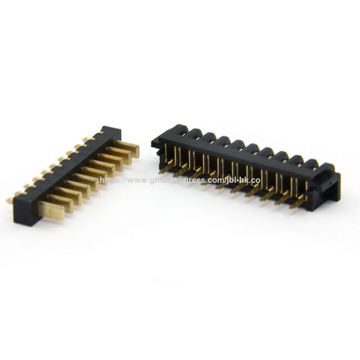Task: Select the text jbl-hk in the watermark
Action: [238, 181]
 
